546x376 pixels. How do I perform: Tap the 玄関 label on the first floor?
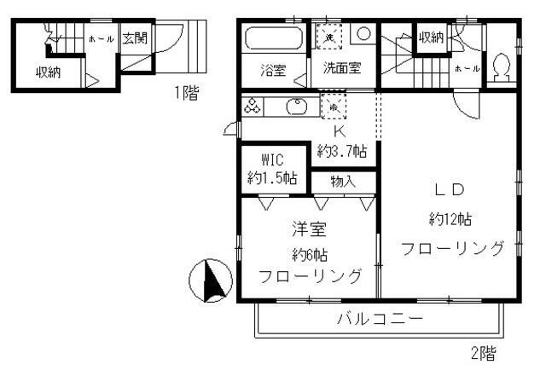click(x=134, y=38)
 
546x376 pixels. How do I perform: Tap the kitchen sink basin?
click(x=297, y=107)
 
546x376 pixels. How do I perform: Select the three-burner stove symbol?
click(x=254, y=107)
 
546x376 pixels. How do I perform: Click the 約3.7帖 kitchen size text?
click(x=342, y=151)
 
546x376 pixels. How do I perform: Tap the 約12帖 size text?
click(x=450, y=219)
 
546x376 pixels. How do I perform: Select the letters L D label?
click(x=450, y=189)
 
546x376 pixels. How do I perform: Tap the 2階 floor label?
click(x=483, y=352)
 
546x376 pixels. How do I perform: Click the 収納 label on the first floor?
click(x=48, y=72)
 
